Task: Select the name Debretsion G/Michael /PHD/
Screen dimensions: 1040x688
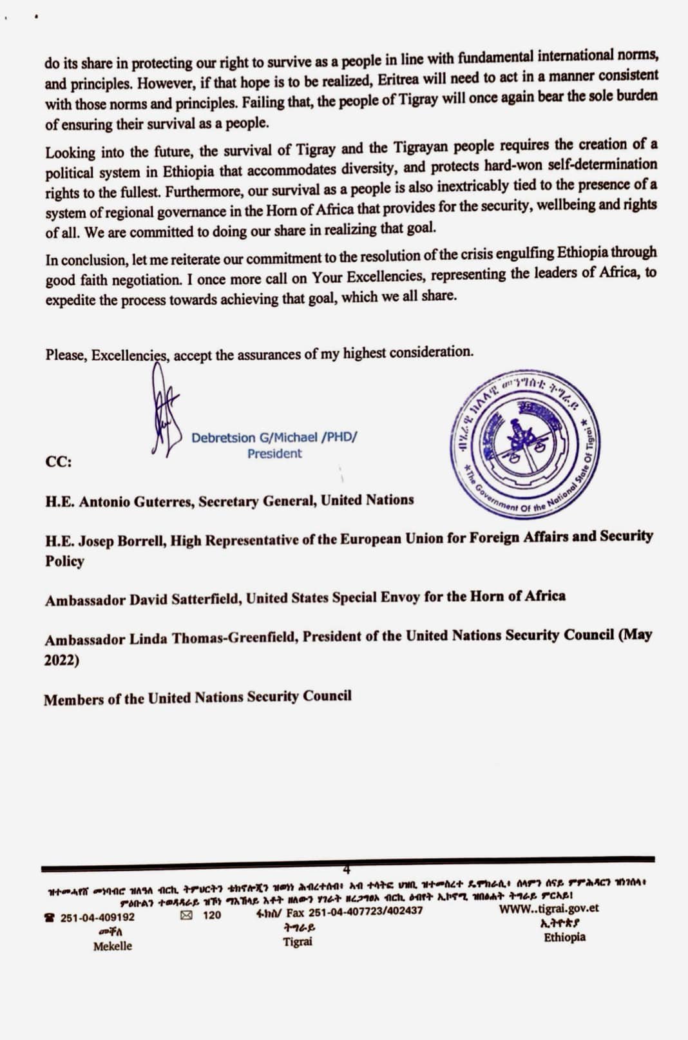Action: (x=274, y=438)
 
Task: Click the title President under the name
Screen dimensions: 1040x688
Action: (x=274, y=454)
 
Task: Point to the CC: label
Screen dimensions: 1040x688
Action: (x=59, y=462)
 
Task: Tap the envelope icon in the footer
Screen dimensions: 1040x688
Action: (x=187, y=915)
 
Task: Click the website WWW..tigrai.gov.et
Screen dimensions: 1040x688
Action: (x=549, y=909)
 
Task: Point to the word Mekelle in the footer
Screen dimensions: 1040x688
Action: (x=113, y=946)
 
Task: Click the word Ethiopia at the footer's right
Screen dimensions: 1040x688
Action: (x=564, y=937)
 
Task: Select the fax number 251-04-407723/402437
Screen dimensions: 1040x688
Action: (x=365, y=911)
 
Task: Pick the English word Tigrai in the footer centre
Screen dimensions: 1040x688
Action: (x=298, y=941)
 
